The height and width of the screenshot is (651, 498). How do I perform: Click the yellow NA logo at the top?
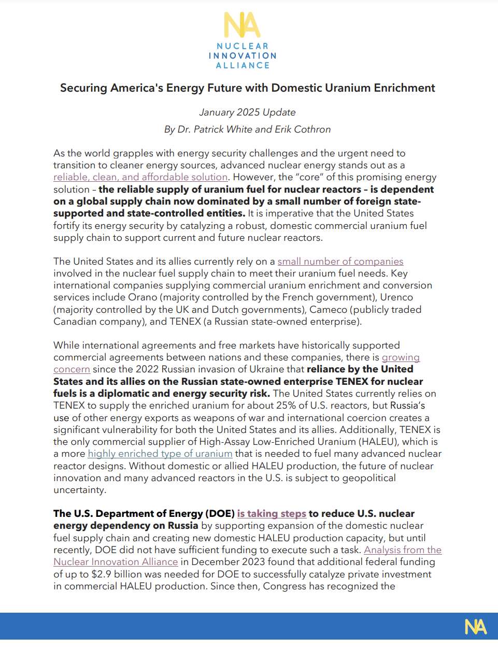pyautogui.click(x=242, y=25)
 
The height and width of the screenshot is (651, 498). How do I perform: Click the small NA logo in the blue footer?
pyautogui.click(x=475, y=627)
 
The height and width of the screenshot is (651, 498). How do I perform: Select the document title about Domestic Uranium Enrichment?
pyautogui.click(x=247, y=88)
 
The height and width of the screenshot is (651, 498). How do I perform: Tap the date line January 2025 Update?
pyautogui.click(x=247, y=112)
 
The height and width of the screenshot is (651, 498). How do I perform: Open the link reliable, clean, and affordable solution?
pyautogui.click(x=140, y=177)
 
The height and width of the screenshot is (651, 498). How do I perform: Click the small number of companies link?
pyautogui.click(x=340, y=262)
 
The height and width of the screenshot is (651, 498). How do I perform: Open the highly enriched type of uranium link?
pyautogui.click(x=160, y=454)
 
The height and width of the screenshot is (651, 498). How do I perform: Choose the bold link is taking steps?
pyautogui.click(x=272, y=514)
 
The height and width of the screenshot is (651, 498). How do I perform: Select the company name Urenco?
pyautogui.click(x=396, y=297)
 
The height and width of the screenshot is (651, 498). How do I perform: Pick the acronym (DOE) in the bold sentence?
pyautogui.click(x=220, y=514)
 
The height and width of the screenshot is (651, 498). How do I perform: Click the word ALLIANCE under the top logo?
pyautogui.click(x=243, y=66)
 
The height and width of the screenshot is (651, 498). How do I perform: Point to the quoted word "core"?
pyautogui.click(x=309, y=177)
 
